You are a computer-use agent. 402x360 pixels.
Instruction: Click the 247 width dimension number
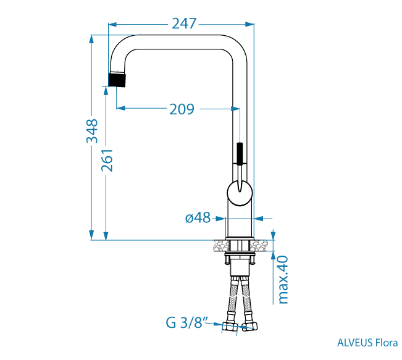click(x=184, y=23)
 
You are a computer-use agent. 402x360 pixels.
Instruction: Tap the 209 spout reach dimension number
click(x=182, y=109)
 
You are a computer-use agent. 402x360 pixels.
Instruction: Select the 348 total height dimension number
click(x=92, y=131)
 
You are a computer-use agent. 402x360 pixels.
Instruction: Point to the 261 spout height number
click(x=107, y=161)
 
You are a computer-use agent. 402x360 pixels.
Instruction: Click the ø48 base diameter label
click(x=198, y=218)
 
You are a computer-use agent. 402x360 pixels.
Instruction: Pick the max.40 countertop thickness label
click(x=283, y=280)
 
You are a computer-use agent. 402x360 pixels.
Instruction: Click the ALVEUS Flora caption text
click(x=367, y=343)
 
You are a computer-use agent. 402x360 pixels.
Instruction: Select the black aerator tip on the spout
click(x=117, y=80)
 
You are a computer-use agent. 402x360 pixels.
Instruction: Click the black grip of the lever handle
click(x=240, y=153)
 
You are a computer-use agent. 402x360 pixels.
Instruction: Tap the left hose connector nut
click(x=230, y=327)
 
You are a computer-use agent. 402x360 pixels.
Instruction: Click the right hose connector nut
click(x=249, y=325)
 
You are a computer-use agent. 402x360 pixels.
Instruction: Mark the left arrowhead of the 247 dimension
click(x=112, y=24)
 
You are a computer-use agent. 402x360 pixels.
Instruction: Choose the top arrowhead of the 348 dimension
click(x=91, y=40)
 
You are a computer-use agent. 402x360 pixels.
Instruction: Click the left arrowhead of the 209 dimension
click(x=121, y=108)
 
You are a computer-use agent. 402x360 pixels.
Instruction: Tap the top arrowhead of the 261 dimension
click(x=106, y=91)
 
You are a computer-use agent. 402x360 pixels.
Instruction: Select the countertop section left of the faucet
click(x=221, y=245)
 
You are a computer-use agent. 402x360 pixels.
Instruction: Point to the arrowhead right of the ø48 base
click(x=259, y=219)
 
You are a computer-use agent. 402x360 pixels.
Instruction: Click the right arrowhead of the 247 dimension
click(x=249, y=24)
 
